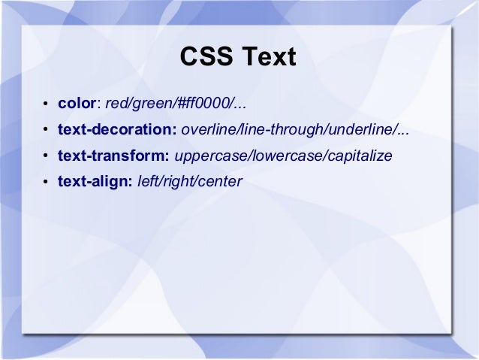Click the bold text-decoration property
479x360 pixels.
[116, 129]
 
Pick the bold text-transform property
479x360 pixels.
[113, 156]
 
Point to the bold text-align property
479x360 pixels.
[95, 181]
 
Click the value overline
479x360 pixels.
[208, 129]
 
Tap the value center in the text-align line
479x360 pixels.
[221, 181]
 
